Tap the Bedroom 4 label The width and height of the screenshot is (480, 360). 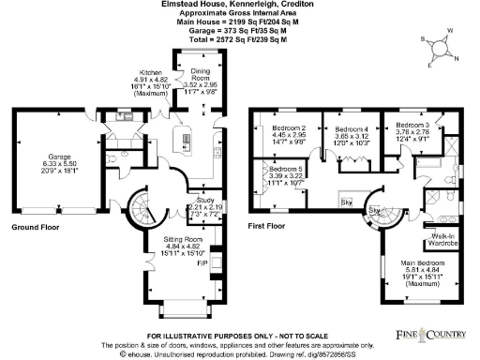click(352, 127)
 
